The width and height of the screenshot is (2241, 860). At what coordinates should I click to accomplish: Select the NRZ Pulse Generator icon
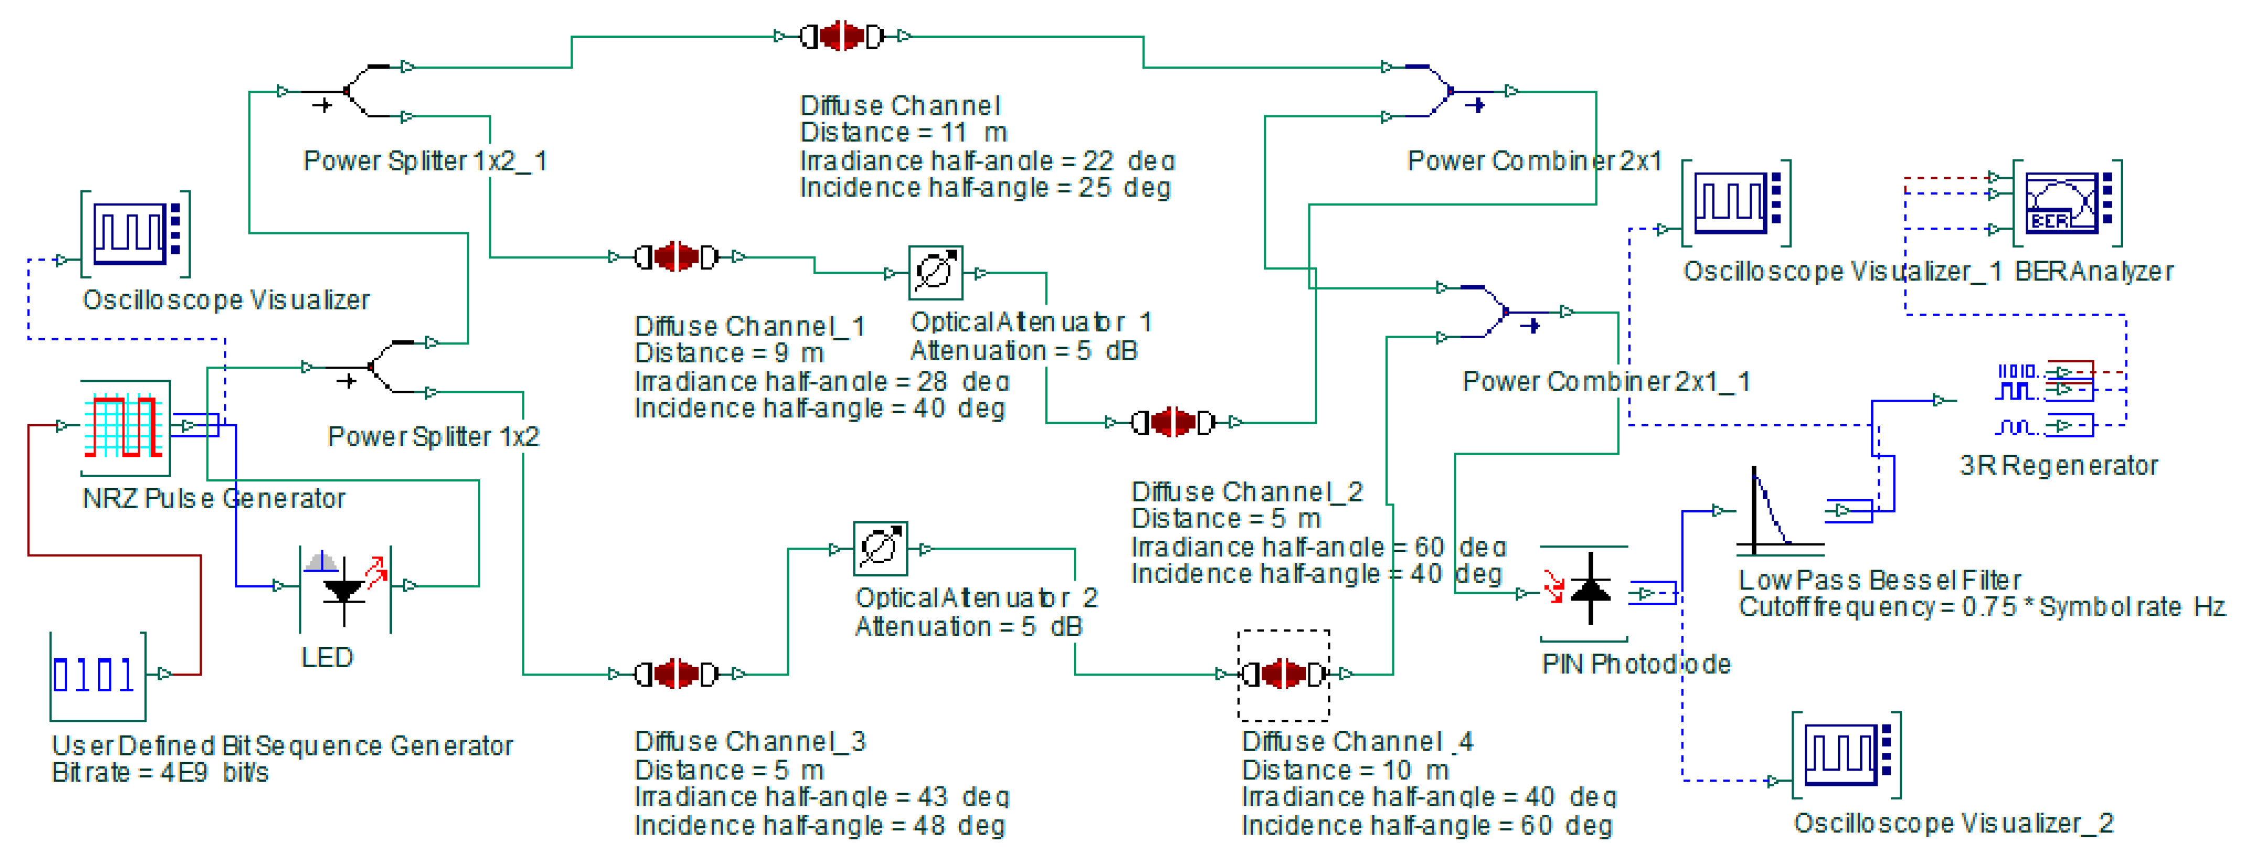pos(124,426)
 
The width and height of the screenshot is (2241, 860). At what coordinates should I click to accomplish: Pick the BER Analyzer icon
pos(2067,202)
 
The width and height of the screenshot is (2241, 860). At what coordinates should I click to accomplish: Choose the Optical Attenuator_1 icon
pos(935,272)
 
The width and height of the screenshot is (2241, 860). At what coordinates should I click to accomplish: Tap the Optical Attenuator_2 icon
pos(881,549)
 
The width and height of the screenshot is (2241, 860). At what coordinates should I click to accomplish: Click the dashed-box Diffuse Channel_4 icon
pos(1283,674)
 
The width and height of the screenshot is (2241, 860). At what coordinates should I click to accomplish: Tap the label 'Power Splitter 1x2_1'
pos(424,161)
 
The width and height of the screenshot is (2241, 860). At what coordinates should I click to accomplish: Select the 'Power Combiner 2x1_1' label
pos(1606,382)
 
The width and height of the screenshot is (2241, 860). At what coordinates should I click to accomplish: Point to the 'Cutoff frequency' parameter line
pos(1980,607)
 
